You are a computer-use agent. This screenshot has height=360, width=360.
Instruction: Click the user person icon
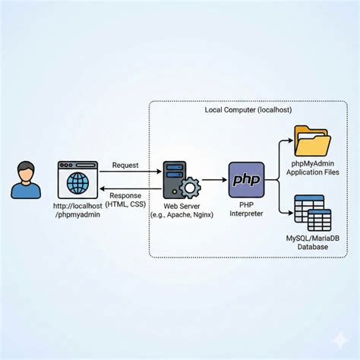click(26, 180)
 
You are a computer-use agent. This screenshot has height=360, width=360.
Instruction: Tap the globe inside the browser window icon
click(77, 183)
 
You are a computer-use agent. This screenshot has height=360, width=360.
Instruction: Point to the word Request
click(125, 165)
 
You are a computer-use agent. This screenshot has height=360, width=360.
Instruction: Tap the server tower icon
click(175, 178)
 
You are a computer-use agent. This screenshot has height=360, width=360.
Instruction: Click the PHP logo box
click(246, 180)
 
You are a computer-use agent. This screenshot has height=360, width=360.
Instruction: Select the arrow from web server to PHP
click(214, 180)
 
